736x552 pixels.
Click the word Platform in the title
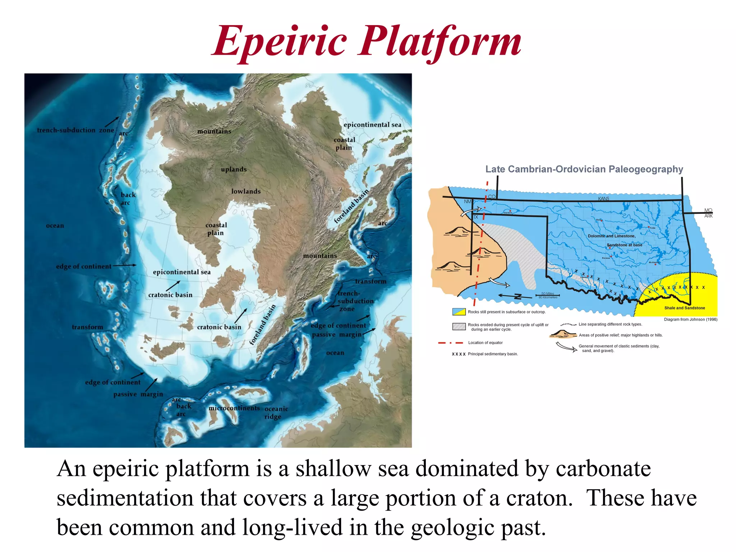[x=441, y=42]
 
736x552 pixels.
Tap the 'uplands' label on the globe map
[x=234, y=169]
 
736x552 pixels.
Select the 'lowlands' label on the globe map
[x=246, y=191]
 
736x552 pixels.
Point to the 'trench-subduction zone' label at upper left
[x=75, y=130]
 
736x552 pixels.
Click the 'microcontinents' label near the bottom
[x=234, y=408]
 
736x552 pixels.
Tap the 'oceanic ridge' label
[x=276, y=413]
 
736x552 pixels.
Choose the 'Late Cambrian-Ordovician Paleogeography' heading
[x=584, y=169]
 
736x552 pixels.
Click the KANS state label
[x=603, y=199]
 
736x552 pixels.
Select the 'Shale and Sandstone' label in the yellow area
[x=684, y=308]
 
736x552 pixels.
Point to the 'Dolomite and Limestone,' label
[x=612, y=236]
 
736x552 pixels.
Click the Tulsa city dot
[x=649, y=227]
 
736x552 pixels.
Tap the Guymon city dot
[x=510, y=211]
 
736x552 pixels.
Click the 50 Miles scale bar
[x=548, y=295]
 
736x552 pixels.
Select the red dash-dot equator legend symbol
[x=450, y=343]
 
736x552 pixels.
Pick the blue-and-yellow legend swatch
[x=459, y=312]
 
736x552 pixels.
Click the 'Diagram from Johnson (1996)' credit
[x=690, y=319]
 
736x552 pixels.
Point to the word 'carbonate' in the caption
[x=603, y=469]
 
